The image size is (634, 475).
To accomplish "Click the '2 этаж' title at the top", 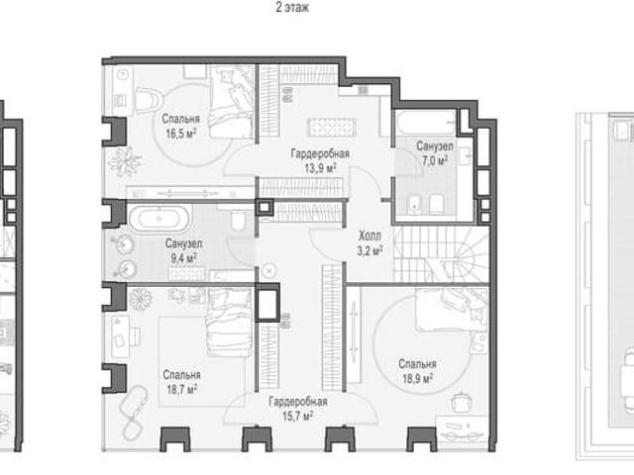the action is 292,7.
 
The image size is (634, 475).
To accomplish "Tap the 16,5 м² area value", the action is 180,134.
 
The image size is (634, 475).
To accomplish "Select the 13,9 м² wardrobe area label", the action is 320,168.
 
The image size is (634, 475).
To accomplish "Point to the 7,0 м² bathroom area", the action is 435,160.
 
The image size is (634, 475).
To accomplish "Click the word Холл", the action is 370,236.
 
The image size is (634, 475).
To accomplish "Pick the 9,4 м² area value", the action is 183,258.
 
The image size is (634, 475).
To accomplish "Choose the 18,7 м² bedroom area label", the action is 181,389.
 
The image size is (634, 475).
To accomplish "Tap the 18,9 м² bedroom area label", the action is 417,378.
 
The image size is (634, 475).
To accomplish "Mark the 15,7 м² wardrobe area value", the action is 297,416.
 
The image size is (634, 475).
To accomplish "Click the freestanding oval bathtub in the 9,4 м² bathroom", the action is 159,220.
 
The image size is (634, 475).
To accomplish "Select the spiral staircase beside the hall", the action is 441,253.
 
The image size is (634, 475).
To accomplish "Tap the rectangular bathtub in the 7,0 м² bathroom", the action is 427,123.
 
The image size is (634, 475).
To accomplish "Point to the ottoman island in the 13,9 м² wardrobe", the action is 332,128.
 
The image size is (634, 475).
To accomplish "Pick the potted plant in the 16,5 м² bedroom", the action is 125,161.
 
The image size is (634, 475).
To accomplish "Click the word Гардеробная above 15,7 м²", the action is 297,402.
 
